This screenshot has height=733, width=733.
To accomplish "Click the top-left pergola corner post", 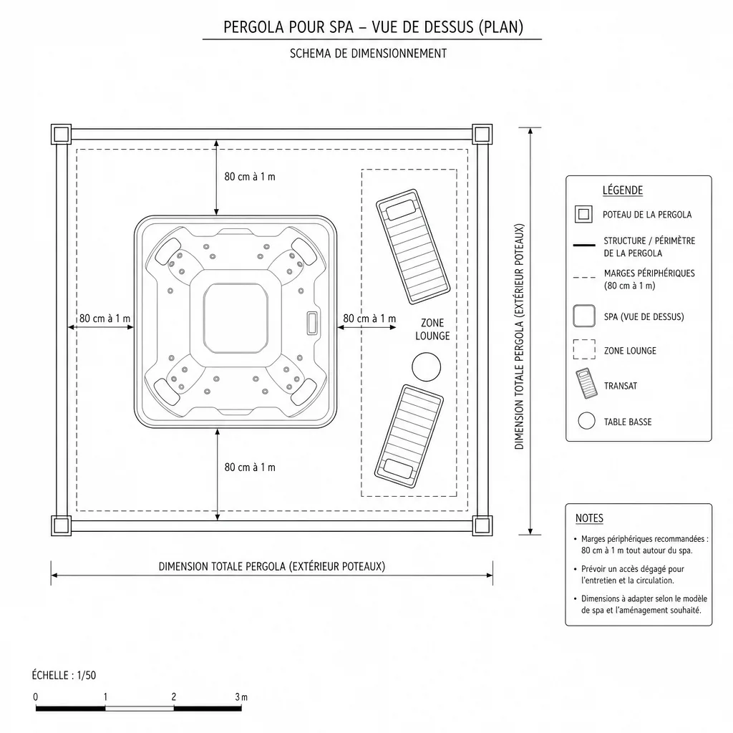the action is (x=61, y=134).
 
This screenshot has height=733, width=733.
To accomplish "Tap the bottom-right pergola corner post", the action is (x=482, y=525).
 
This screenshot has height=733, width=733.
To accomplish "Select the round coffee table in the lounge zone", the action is (x=427, y=367).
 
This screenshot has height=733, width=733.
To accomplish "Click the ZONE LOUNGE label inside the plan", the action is (x=432, y=329).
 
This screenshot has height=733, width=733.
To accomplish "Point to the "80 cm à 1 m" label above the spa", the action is (x=250, y=177).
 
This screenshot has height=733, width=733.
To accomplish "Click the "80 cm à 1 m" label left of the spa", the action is (x=105, y=319).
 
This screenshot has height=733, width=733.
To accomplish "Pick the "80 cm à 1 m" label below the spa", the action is (x=250, y=467).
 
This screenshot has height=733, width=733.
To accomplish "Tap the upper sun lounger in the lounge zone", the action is (x=413, y=246).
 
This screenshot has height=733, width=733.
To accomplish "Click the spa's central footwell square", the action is (x=236, y=319).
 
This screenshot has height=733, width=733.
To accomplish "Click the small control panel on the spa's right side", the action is (x=312, y=323).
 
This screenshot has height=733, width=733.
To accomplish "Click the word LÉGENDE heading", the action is (x=623, y=190).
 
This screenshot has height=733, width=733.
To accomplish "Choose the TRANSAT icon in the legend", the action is (x=587, y=384).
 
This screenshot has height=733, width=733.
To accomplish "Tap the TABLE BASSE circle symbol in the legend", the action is (x=587, y=421).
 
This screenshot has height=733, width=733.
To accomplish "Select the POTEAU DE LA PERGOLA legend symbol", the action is (x=583, y=214).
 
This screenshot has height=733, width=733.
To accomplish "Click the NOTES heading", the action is (x=590, y=518).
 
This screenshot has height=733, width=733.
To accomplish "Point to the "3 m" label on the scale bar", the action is (x=241, y=696).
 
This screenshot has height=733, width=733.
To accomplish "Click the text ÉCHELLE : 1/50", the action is (x=64, y=675).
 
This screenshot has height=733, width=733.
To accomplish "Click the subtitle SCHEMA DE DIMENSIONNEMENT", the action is (x=369, y=53).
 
